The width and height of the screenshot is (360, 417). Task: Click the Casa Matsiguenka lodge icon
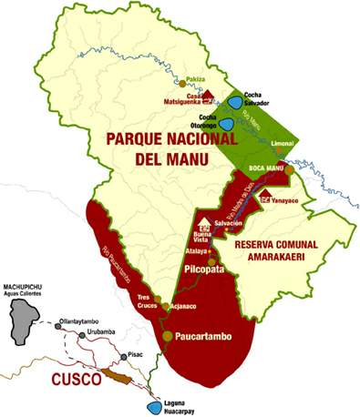coord(209,95)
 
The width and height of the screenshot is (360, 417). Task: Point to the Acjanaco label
coord(184,306)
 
